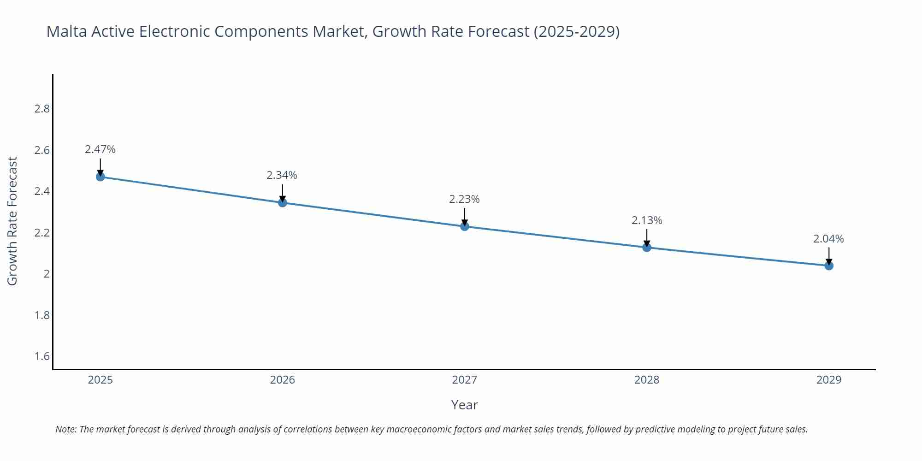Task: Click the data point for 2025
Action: [x=100, y=177]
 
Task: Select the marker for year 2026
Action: [x=283, y=202]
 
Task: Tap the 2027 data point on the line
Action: [x=465, y=226]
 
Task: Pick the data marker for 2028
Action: [x=647, y=247]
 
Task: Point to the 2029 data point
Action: [x=829, y=266]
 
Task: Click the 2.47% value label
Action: [x=100, y=149]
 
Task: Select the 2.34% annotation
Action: [x=282, y=175]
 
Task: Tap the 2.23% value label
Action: [x=464, y=199]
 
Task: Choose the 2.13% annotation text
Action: [x=647, y=220]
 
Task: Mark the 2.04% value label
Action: [x=828, y=239]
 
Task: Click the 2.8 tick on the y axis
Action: [x=42, y=109]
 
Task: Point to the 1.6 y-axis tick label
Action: [x=42, y=356]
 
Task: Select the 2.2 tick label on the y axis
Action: [x=42, y=233]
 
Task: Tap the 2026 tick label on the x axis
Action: [x=283, y=380]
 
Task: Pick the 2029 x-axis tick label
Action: [x=829, y=380]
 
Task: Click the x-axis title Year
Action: [x=464, y=405]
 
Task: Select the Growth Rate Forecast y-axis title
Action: [x=12, y=221]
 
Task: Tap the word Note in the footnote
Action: [x=66, y=429]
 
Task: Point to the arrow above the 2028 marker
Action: [x=647, y=237]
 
